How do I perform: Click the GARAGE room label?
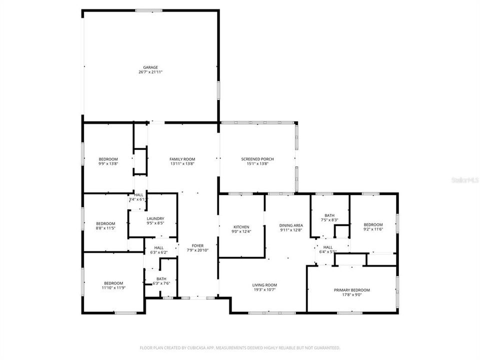pyautogui.click(x=150, y=67)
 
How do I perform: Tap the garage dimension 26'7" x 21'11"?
pyautogui.click(x=150, y=72)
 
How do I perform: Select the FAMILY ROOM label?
pyautogui.click(x=182, y=159)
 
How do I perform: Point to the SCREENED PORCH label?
pyautogui.click(x=257, y=159)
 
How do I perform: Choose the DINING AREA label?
pyautogui.click(x=291, y=225)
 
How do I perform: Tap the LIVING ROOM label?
pyautogui.click(x=264, y=285)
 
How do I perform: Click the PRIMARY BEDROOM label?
pyautogui.click(x=351, y=290)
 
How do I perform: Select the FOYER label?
pyautogui.click(x=197, y=245)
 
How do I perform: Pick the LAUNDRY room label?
pyautogui.click(x=155, y=218)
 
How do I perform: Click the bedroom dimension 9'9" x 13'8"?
pyautogui.click(x=108, y=163)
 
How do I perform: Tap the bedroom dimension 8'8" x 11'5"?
pyautogui.click(x=105, y=228)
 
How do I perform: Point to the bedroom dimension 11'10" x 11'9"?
pyautogui.click(x=113, y=287)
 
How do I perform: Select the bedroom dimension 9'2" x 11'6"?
pyautogui.click(x=373, y=229)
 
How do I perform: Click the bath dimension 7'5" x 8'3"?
pyautogui.click(x=329, y=220)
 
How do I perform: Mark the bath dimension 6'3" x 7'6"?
pyautogui.click(x=161, y=283)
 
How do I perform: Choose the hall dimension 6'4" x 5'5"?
pyautogui.click(x=327, y=251)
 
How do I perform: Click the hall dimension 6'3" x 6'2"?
pyautogui.click(x=158, y=252)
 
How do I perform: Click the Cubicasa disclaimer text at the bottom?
pyautogui.click(x=240, y=347)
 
